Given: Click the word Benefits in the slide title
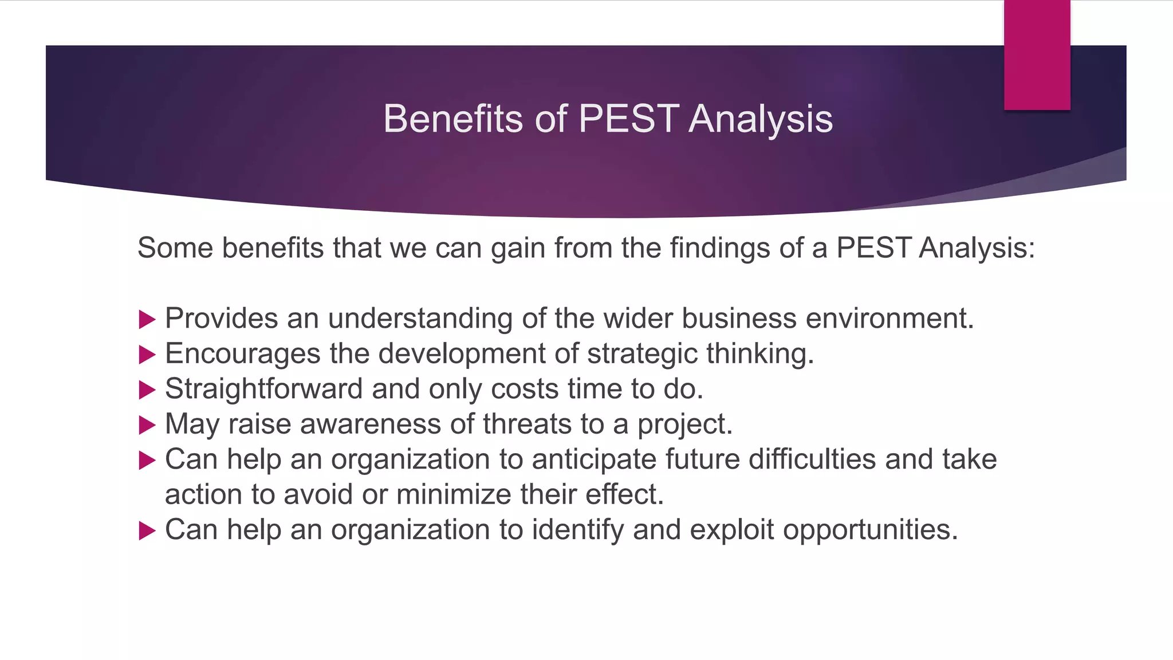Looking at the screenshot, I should (x=452, y=119).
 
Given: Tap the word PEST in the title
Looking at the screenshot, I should (x=628, y=119).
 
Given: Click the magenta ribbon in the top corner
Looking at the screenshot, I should (x=1037, y=54).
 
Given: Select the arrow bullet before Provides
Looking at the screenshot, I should (x=147, y=320).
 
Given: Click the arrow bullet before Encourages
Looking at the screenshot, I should (x=147, y=355).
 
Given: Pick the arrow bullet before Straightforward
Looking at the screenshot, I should (x=147, y=390).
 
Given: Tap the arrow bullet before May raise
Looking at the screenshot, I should (x=147, y=425).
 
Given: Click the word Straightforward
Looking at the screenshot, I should (x=263, y=389).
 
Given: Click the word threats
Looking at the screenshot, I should (x=527, y=425).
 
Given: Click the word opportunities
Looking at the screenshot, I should (x=870, y=530).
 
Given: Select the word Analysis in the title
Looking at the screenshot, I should (x=761, y=119).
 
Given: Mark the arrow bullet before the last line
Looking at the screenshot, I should (x=147, y=531).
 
